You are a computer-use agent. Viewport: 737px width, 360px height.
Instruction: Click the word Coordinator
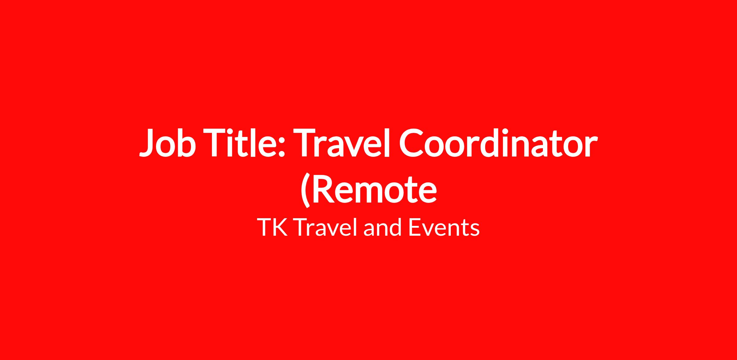(x=498, y=142)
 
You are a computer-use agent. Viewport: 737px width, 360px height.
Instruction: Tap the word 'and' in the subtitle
(x=383, y=227)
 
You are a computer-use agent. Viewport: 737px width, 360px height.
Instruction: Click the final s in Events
(x=475, y=230)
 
